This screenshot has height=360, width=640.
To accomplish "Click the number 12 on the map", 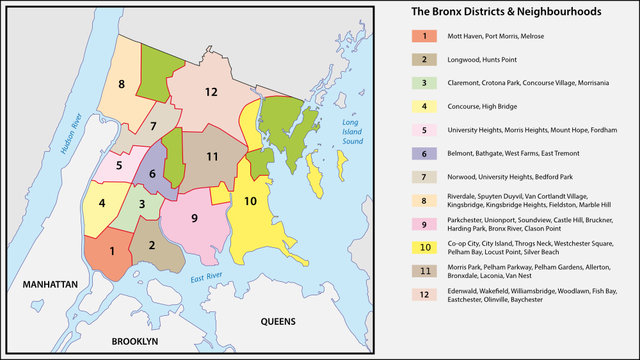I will (210, 92).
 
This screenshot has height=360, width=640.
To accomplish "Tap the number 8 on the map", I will (122, 84).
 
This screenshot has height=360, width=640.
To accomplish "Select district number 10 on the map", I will (250, 201).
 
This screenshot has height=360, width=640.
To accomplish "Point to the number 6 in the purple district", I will (152, 173).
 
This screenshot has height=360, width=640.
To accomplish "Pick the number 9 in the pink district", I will (194, 218).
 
